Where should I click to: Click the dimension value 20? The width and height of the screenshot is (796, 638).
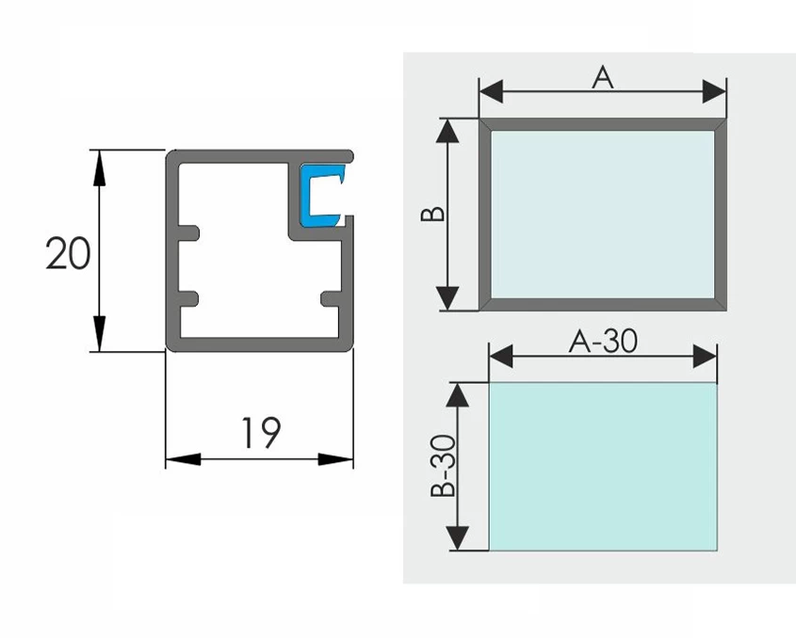click(x=68, y=254)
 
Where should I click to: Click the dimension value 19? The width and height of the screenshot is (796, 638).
click(x=259, y=433)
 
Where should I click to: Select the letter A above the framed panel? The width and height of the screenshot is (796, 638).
click(x=603, y=77)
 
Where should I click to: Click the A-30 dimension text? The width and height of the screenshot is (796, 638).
click(x=603, y=342)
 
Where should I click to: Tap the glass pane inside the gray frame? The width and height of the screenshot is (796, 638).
click(x=603, y=214)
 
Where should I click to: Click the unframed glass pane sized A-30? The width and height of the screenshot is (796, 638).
click(x=603, y=466)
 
